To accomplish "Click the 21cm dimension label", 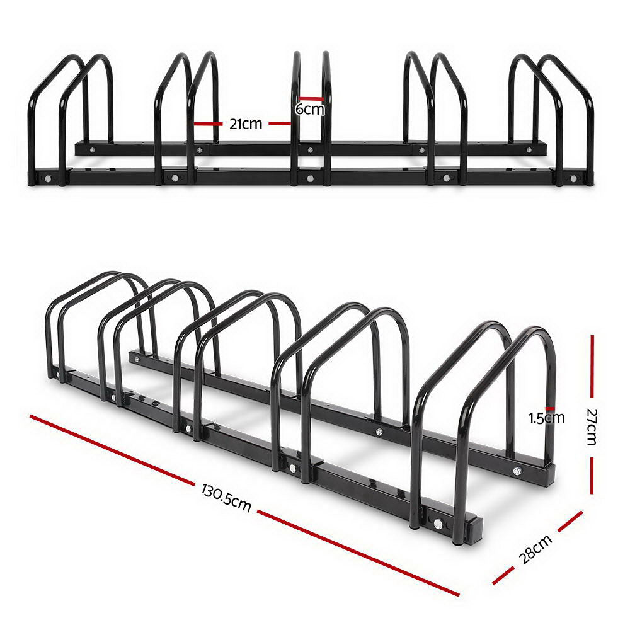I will click(245, 124).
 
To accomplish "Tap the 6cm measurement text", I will click(310, 109).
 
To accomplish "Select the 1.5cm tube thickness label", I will click(547, 417).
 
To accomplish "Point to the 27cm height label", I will click(592, 427).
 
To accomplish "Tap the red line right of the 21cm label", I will click(280, 124).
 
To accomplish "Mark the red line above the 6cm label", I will click(311, 98).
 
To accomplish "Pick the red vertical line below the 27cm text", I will click(592, 476).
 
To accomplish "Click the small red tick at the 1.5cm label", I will click(550, 408).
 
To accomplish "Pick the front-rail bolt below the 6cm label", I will click(309, 178).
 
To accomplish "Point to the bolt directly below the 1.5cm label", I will click(517, 471).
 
